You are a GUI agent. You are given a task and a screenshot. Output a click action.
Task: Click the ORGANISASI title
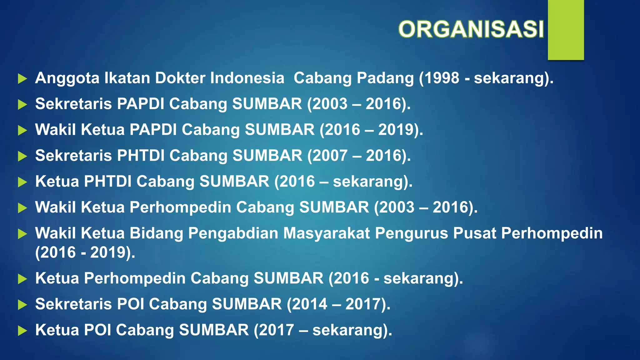(471, 29)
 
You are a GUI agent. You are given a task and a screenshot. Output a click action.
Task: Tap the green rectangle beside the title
(566, 30)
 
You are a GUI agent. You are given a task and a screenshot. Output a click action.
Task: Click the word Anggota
(67, 78)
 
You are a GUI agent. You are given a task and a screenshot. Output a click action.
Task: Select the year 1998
(441, 78)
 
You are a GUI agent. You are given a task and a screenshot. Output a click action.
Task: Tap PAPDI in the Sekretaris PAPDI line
(141, 104)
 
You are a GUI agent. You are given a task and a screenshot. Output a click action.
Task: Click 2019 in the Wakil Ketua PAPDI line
(396, 130)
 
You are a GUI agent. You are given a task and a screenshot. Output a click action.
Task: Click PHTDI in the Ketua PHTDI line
(108, 182)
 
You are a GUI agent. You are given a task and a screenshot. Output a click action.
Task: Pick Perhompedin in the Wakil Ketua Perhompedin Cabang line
(180, 207)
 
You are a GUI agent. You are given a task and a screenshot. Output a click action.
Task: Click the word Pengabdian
(233, 233)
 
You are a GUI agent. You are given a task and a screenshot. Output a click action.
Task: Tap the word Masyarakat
(327, 233)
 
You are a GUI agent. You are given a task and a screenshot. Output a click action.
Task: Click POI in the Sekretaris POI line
(130, 304)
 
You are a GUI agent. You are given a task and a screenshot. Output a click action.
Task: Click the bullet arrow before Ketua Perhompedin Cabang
(22, 279)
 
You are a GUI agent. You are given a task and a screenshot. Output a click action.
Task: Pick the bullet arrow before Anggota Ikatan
(22, 79)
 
